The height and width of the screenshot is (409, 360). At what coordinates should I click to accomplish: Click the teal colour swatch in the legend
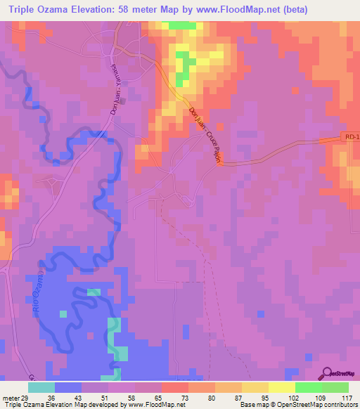41,387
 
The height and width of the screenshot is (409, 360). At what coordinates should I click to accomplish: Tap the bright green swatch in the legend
309,387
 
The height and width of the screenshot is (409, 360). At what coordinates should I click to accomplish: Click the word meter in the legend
11,397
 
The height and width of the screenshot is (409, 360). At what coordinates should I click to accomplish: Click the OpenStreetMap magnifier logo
326,375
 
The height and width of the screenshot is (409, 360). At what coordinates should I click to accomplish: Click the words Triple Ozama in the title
40,8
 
